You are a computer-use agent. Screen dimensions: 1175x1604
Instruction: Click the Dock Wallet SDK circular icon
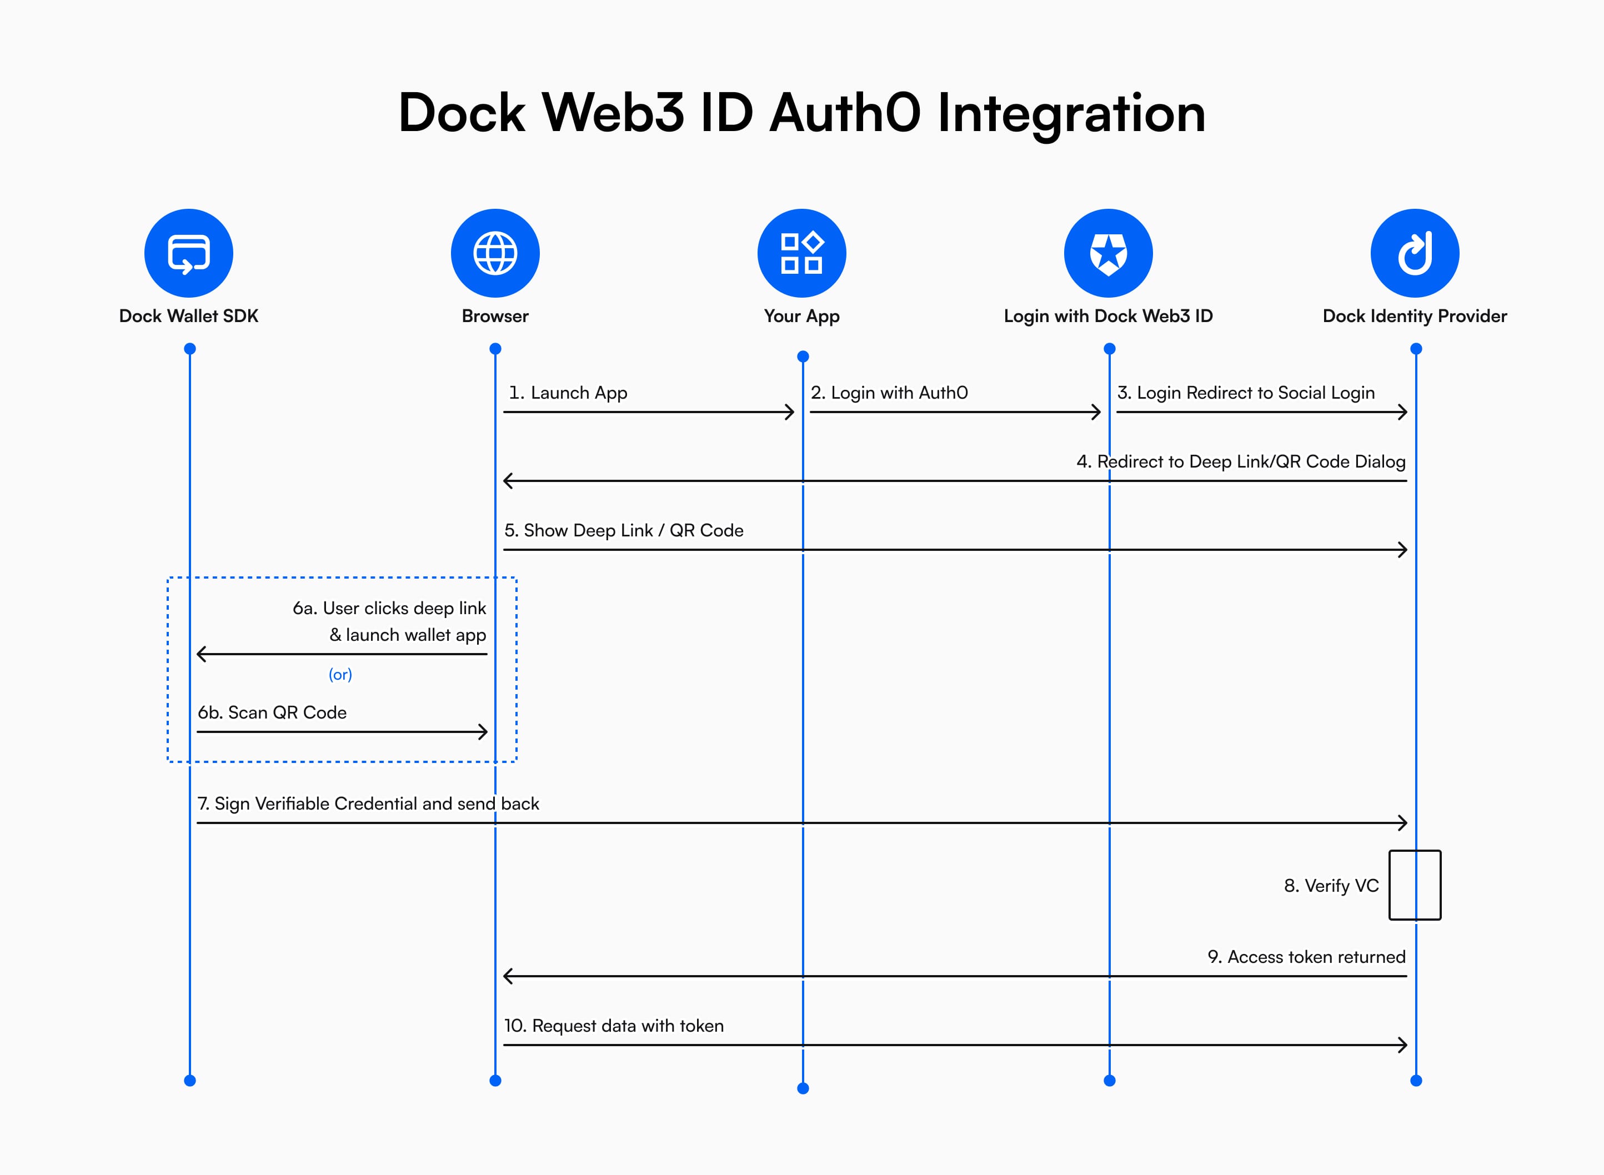(188, 253)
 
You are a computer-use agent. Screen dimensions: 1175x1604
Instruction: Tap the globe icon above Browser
(495, 253)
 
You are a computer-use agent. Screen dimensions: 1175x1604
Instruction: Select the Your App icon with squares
(801, 253)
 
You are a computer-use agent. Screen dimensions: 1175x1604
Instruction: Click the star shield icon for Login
(1108, 253)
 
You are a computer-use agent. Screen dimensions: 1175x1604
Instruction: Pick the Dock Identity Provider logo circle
(1415, 253)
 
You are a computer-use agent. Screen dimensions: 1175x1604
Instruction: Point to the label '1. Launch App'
(568, 393)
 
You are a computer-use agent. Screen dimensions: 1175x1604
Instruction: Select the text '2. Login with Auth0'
(889, 393)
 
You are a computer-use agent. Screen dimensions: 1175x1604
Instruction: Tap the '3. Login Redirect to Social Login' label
(1246, 393)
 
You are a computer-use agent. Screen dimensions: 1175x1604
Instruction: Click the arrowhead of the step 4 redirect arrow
(508, 481)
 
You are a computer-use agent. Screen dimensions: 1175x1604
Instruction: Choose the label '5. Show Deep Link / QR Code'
(624, 531)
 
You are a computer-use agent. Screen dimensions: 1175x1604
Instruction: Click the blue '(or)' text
(340, 674)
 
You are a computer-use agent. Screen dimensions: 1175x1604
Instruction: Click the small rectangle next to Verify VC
(1415, 885)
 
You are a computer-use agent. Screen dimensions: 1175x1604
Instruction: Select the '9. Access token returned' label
(1306, 957)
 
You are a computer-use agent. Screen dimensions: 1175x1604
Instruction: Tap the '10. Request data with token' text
(614, 1026)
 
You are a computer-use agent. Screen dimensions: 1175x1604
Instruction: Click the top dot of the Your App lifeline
(803, 356)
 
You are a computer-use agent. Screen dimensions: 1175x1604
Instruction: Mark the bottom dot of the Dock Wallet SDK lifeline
(190, 1081)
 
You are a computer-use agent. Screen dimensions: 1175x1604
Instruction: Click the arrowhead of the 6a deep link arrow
(201, 654)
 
